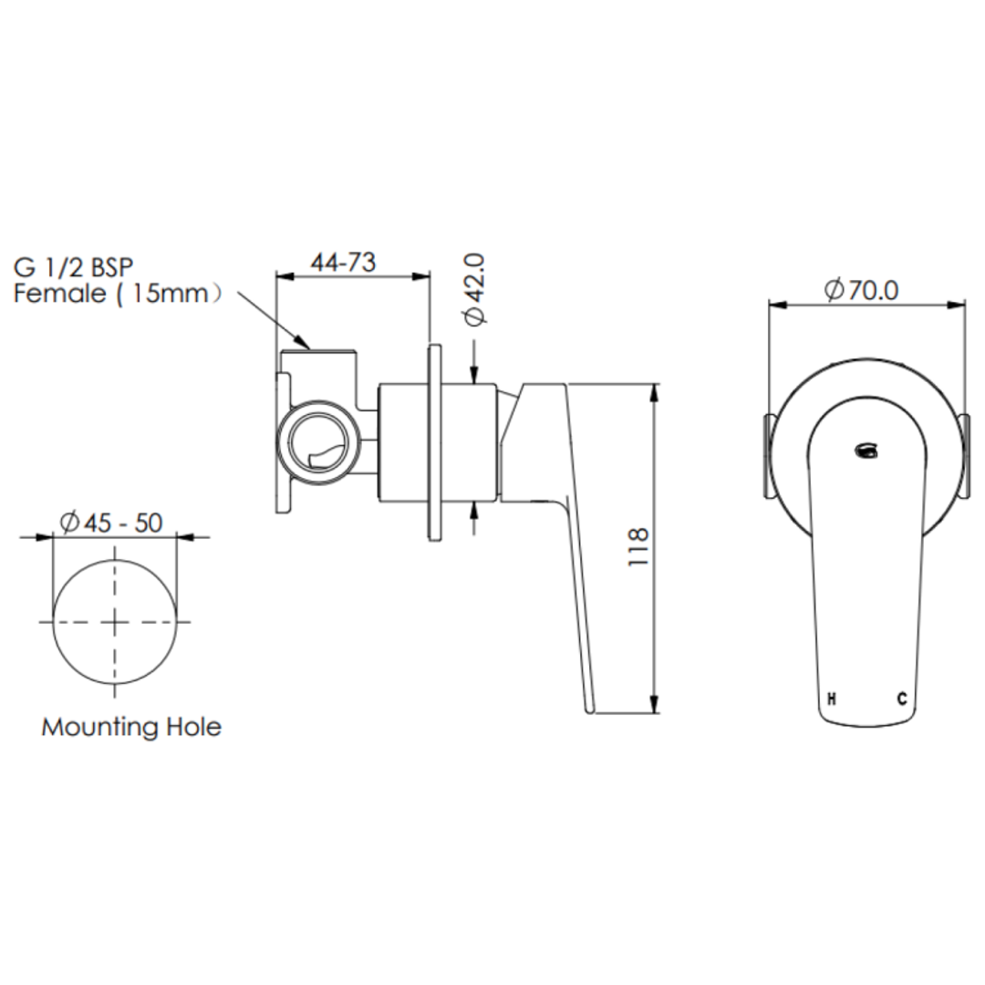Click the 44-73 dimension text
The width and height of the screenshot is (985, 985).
pyautogui.click(x=343, y=262)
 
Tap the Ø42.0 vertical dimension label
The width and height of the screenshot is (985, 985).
pyautogui.click(x=477, y=289)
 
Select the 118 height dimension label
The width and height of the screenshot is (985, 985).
pyautogui.click(x=638, y=547)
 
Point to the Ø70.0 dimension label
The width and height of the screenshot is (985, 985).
pyautogui.click(x=861, y=290)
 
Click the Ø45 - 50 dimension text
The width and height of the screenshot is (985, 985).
pyautogui.click(x=110, y=522)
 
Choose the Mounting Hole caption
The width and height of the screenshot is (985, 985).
pyautogui.click(x=131, y=727)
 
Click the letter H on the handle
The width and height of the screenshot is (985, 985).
pyautogui.click(x=831, y=700)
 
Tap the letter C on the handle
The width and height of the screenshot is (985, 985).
pyautogui.click(x=901, y=700)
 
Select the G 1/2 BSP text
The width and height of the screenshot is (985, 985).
pyautogui.click(x=73, y=267)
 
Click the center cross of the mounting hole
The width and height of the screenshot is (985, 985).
pyautogui.click(x=115, y=621)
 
